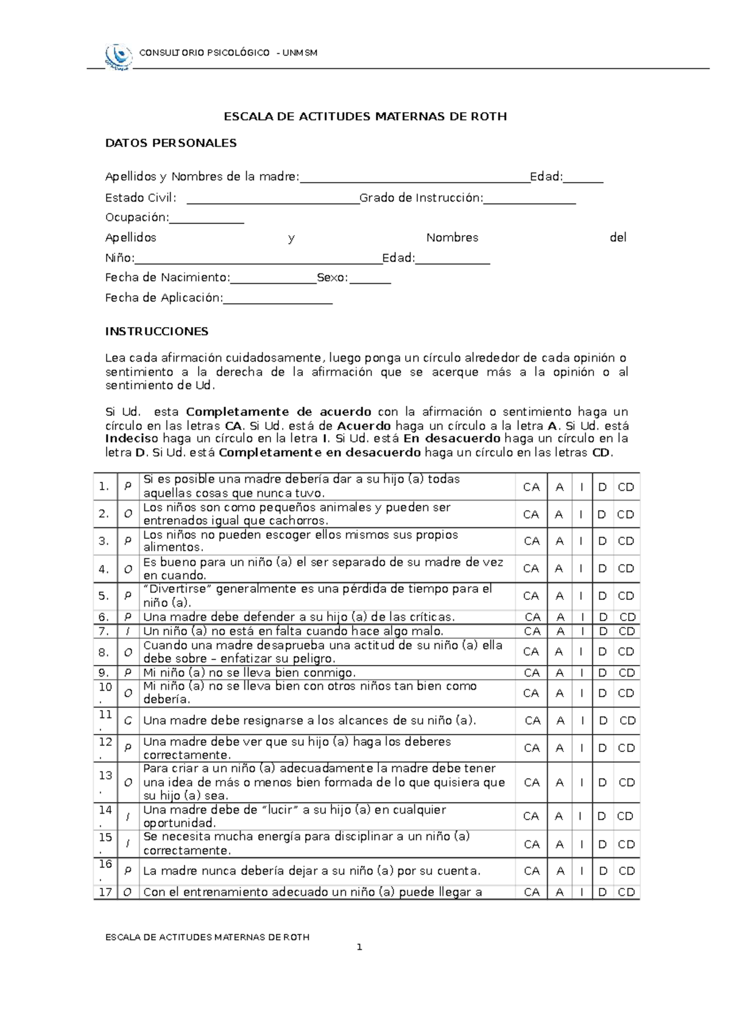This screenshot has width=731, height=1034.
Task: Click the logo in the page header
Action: (118, 56)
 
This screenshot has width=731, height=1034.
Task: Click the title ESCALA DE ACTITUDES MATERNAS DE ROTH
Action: (365, 116)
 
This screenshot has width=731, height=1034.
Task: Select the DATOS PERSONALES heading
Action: (171, 143)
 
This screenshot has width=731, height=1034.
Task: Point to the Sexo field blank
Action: (370, 282)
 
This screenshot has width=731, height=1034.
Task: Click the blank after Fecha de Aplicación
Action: (278, 301)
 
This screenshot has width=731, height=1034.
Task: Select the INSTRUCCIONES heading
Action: (157, 332)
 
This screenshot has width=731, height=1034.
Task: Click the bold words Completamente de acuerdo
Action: (278, 412)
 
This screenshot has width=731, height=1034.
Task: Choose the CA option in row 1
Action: (531, 487)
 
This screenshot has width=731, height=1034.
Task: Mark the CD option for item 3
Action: (626, 541)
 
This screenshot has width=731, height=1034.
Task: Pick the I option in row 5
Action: (581, 596)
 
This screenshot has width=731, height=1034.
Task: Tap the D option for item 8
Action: (602, 652)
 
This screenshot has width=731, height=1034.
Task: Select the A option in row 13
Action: (559, 783)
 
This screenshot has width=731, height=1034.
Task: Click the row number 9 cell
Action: (104, 673)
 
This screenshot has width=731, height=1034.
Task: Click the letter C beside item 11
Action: (128, 721)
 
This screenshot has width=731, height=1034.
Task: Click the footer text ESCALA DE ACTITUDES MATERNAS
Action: (207, 937)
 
